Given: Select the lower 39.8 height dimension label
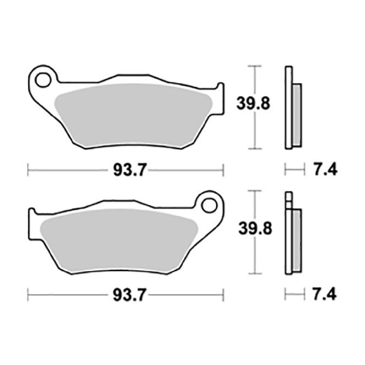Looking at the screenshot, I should tap(255, 229).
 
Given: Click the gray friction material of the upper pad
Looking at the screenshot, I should tap(132, 116).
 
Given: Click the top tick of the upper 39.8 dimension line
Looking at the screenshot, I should tap(255, 66).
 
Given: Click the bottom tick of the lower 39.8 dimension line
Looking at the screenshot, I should tap(255, 274).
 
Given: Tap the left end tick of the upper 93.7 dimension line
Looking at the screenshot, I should tap(28, 170).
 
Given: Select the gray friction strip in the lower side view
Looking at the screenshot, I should tap(297, 241).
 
